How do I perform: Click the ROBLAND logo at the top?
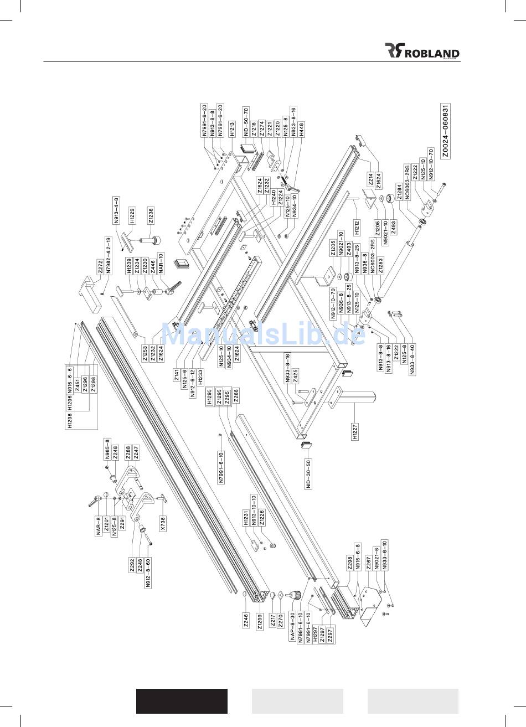(422, 51)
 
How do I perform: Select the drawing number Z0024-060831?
(445, 131)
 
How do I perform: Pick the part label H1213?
(232, 128)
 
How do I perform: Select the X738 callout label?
(163, 522)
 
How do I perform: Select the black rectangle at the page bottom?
(182, 701)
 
